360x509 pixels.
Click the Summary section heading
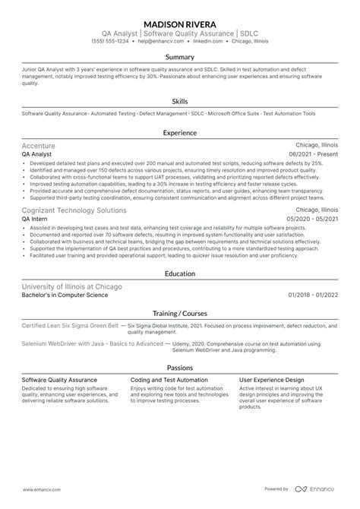(x=180, y=57)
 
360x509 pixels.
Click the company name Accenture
(x=39, y=145)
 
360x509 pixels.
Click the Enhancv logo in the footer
(x=320, y=489)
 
